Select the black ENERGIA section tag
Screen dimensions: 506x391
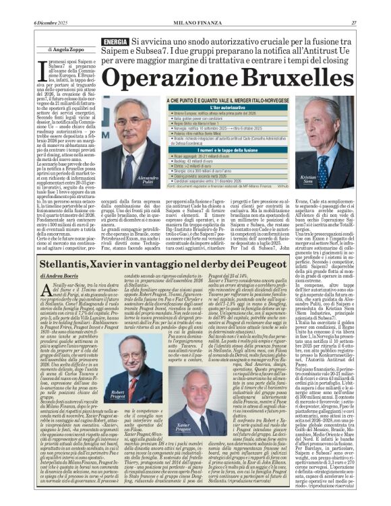[115, 42]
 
